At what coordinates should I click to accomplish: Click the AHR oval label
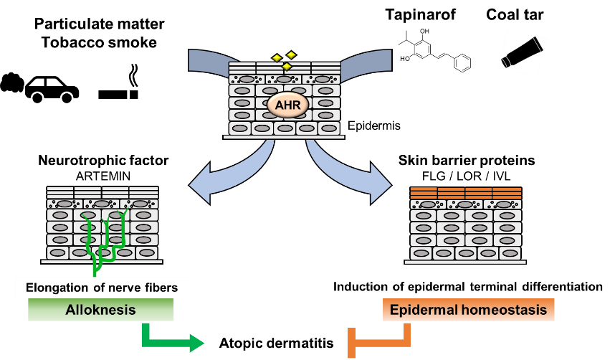click(287, 105)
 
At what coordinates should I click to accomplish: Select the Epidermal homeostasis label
click(468, 310)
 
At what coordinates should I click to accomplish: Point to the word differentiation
click(558, 287)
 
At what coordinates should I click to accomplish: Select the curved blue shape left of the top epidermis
click(209, 62)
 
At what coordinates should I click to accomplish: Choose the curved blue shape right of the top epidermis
click(366, 62)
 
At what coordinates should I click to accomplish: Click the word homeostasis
click(507, 310)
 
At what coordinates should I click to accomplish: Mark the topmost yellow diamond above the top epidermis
click(291, 55)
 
